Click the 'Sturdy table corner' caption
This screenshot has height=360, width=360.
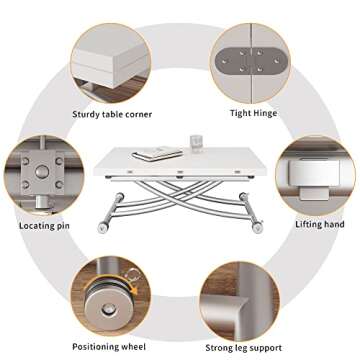click(x=112, y=114)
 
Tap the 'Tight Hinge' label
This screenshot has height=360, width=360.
click(x=254, y=113)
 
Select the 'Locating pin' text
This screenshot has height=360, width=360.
click(x=44, y=226)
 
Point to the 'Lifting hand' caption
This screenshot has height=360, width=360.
click(x=320, y=224)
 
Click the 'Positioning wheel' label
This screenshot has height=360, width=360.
click(x=109, y=347)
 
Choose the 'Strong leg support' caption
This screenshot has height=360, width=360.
click(x=243, y=348)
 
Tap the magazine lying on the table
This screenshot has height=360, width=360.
click(x=157, y=154)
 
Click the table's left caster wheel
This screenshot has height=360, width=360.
click(x=102, y=228)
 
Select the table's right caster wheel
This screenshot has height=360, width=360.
click(x=257, y=228)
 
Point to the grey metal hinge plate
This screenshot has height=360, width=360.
click(x=251, y=61)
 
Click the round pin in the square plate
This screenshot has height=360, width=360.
click(x=42, y=172)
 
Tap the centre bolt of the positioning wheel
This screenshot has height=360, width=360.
click(x=108, y=309)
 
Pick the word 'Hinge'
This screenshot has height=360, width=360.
click(x=265, y=114)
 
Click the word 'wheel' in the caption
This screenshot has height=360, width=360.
click(x=133, y=347)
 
